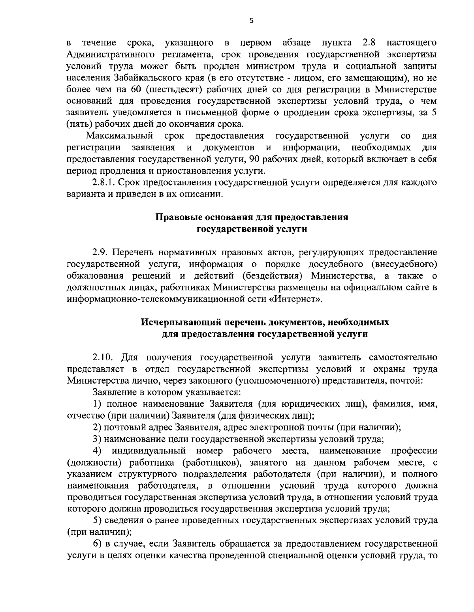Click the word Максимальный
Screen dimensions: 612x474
click(120, 137)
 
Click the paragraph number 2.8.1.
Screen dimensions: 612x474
click(104, 183)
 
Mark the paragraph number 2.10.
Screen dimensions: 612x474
click(103, 357)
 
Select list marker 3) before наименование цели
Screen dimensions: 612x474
click(97, 439)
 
